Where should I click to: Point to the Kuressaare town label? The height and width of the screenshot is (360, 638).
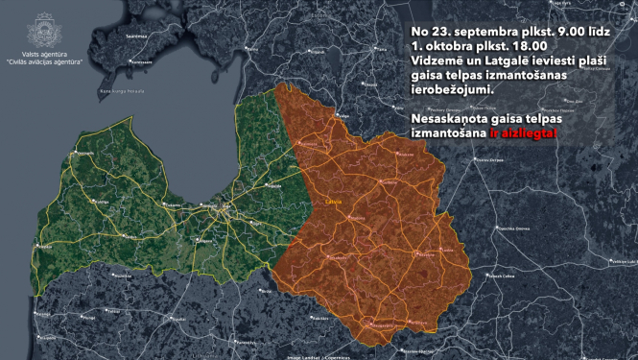(142, 61)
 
